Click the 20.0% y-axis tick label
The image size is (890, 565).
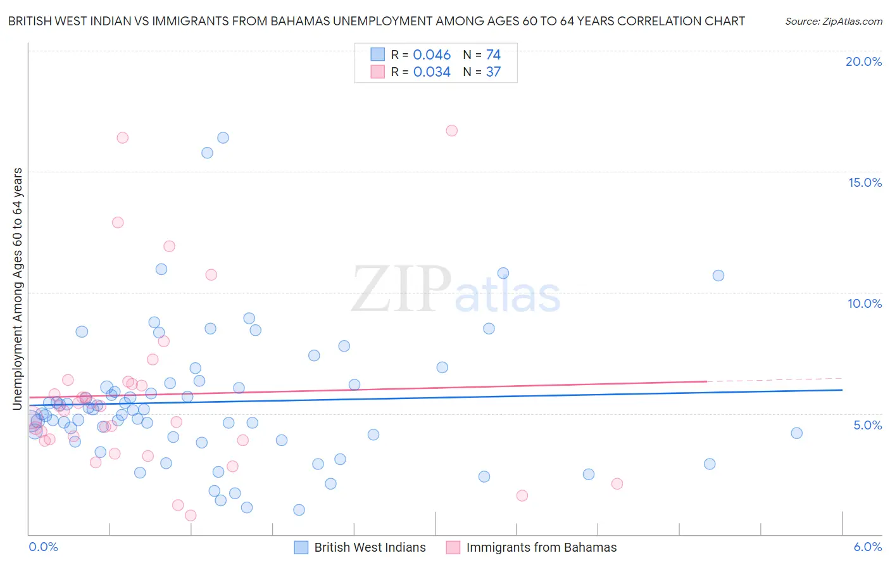(x=863, y=61)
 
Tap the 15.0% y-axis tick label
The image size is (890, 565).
(x=865, y=182)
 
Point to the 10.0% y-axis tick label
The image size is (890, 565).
(x=865, y=303)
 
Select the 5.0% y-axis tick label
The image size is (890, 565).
(x=867, y=425)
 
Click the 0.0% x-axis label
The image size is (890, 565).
(x=43, y=547)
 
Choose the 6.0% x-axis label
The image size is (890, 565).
(x=867, y=547)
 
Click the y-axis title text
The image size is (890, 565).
(x=17, y=289)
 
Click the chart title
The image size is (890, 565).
(x=376, y=21)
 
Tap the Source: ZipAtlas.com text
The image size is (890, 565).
(x=833, y=21)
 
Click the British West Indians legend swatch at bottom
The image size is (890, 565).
(x=301, y=547)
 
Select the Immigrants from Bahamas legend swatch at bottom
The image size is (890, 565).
(x=453, y=547)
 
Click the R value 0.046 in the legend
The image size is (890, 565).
(x=432, y=55)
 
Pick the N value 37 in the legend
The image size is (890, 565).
(x=493, y=72)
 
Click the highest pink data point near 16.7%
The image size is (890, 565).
(x=451, y=130)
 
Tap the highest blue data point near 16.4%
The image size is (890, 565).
(x=223, y=137)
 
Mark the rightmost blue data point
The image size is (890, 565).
(x=796, y=433)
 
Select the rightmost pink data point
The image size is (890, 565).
(x=617, y=484)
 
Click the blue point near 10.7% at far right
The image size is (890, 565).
(x=718, y=276)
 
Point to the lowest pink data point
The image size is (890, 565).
(x=190, y=516)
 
